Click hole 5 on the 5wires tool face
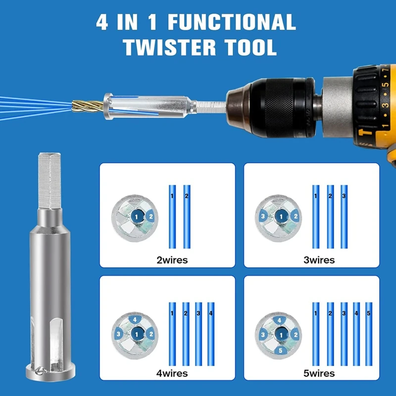click(281, 351)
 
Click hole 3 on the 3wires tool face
click(264, 216)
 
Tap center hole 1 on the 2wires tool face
click(137, 216)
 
